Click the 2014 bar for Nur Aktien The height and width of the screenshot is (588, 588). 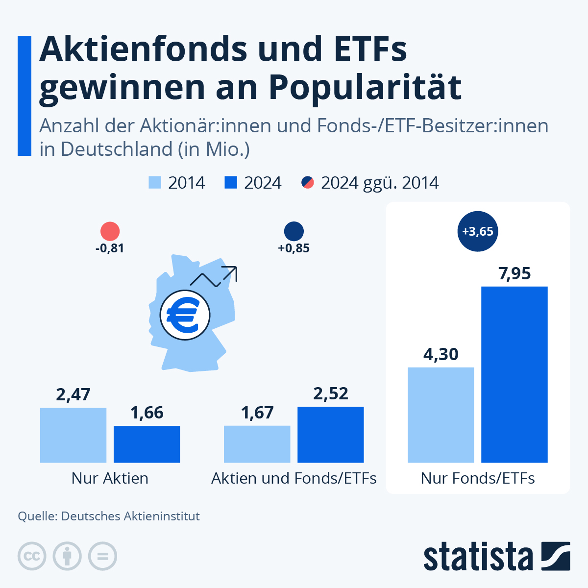73,435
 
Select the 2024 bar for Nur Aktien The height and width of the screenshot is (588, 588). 147,444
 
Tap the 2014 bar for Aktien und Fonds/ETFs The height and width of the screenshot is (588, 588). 257,444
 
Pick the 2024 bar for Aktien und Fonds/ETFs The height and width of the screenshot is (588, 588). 330,435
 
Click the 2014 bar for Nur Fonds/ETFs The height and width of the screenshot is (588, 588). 441,415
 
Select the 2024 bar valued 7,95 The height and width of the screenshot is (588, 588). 514,374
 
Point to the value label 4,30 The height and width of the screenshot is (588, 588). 441,354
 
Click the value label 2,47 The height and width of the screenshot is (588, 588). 73,394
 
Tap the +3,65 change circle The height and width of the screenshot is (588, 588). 478,231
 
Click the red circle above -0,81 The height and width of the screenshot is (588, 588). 110,231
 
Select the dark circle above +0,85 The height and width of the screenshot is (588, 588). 294,231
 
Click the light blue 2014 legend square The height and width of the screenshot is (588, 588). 155,183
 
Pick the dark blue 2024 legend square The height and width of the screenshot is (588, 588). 231,183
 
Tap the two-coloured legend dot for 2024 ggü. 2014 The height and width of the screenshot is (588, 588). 307,183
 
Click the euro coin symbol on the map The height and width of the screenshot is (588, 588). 185,315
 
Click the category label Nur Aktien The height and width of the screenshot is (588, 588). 110,478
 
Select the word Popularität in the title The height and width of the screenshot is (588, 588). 365,87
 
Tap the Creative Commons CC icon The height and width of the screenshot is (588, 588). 32,556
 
